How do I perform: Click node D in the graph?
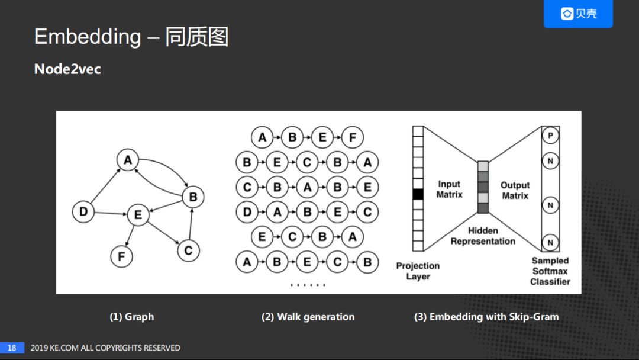click(83, 212)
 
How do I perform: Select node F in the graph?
click(121, 256)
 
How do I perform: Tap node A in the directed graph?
click(127, 160)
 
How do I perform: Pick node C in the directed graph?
click(188, 250)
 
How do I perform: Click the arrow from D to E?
click(111, 213)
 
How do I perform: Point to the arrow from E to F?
click(130, 235)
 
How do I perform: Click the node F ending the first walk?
click(353, 138)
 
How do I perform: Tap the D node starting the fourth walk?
click(247, 212)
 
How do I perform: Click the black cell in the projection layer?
click(418, 194)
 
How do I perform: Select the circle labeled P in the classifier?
click(550, 136)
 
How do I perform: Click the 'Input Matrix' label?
click(449, 189)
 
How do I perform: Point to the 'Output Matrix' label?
click(515, 190)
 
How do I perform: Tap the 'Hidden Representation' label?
click(483, 236)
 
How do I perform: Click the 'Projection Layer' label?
click(418, 271)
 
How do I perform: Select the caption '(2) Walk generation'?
click(308, 317)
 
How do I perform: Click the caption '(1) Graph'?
click(131, 317)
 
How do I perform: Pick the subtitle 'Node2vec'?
click(67, 69)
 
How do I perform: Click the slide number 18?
click(12, 348)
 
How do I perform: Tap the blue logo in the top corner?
click(578, 14)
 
